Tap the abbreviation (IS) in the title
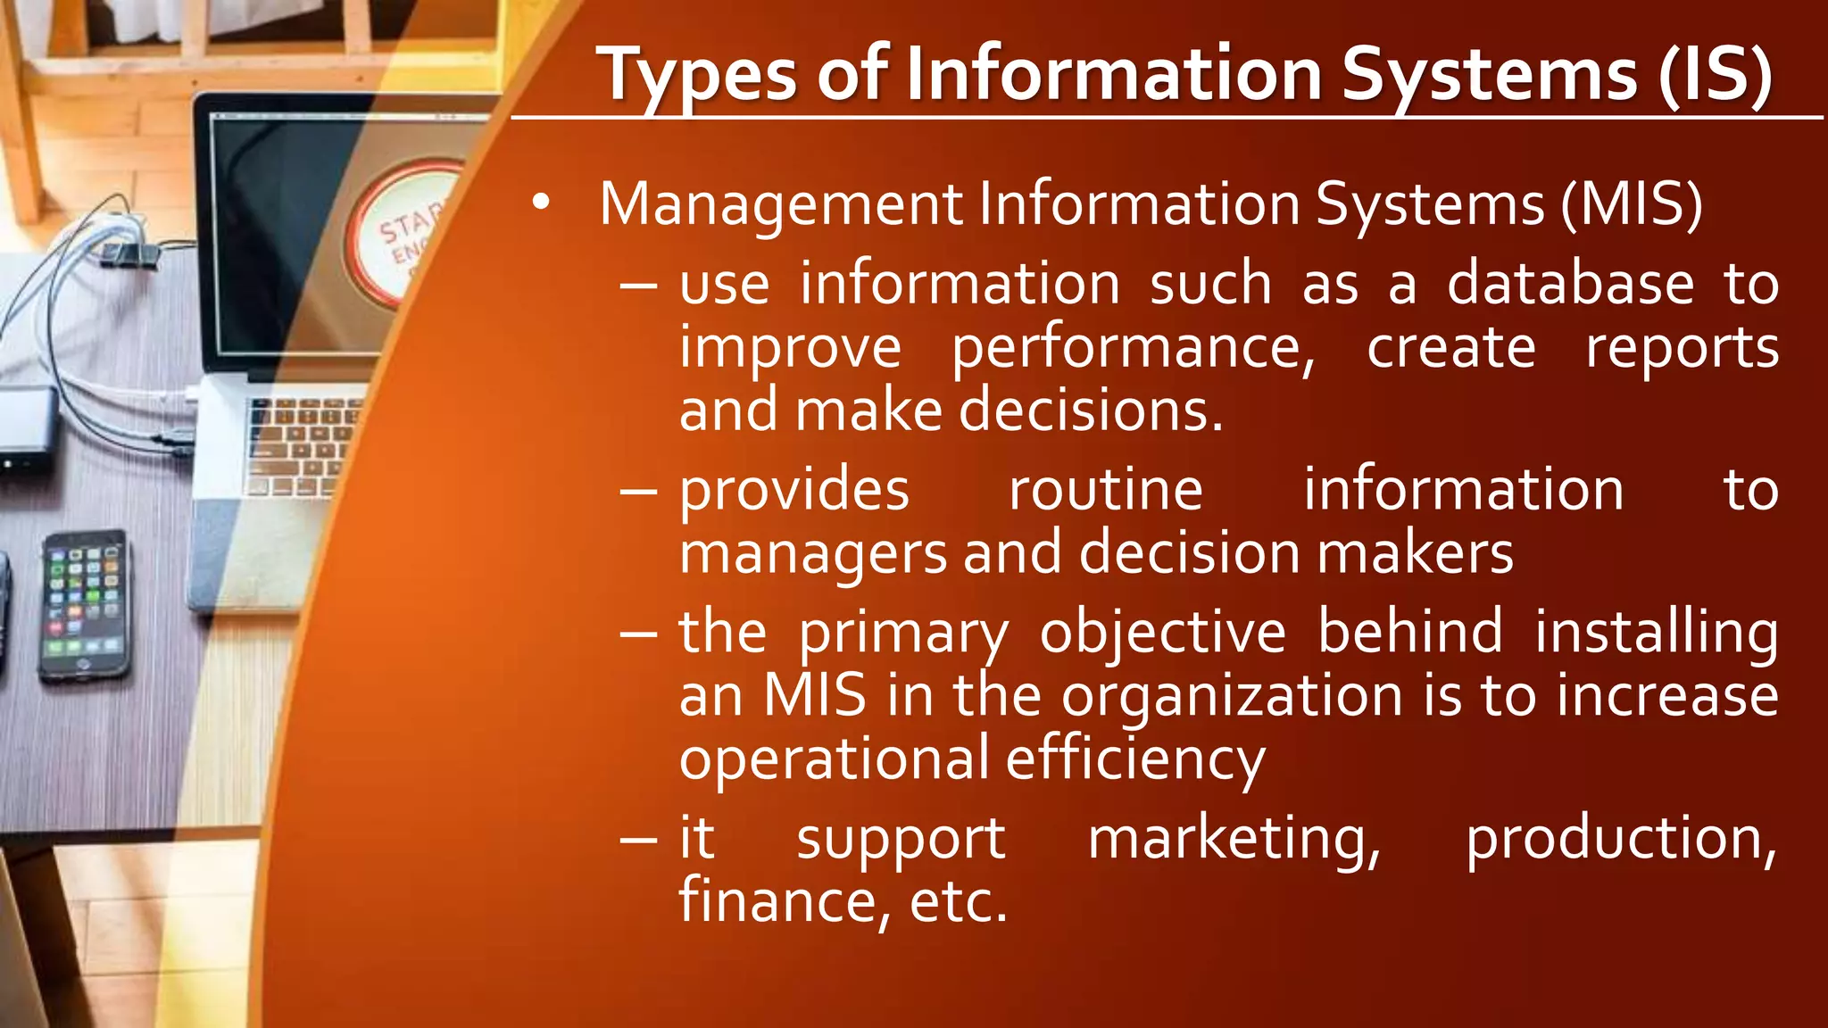click(1714, 75)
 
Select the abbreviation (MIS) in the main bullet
click(1632, 204)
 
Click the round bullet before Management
click(540, 203)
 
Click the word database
click(1570, 284)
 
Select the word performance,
click(1133, 348)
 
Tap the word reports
click(1682, 348)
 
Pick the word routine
click(1105, 490)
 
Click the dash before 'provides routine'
click(639, 492)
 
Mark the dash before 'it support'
click(639, 840)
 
